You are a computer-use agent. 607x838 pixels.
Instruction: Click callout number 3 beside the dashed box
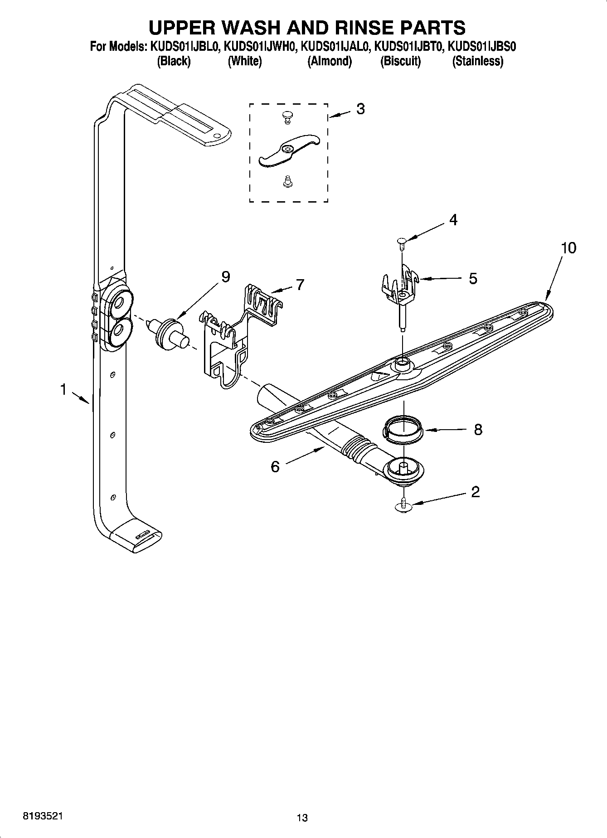tap(360, 109)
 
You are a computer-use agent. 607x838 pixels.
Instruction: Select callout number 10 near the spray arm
tap(568, 248)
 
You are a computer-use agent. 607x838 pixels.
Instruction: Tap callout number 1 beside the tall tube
tap(64, 389)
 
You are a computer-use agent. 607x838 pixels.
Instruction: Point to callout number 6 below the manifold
tap(275, 466)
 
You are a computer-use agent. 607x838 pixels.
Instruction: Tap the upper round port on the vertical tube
tap(120, 302)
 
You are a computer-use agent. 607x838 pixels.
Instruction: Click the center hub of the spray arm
tap(402, 363)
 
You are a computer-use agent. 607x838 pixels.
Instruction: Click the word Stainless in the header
tap(477, 61)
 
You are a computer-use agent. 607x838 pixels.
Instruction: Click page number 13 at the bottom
tap(302, 818)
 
